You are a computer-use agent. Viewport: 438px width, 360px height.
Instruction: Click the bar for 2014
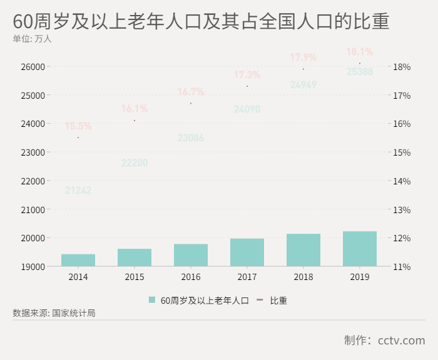78,260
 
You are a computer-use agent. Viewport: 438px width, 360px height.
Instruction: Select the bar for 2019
360,249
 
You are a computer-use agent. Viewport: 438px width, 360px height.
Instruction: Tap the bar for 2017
247,252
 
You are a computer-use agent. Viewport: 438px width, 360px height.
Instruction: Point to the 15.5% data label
78,126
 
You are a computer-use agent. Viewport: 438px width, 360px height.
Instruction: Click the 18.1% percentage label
360,52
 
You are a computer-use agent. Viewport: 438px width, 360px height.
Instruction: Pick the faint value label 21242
78,191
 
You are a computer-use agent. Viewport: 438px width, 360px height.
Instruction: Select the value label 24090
247,109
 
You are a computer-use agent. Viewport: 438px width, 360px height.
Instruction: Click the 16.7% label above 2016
191,92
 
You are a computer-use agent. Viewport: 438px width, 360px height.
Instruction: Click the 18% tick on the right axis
401,67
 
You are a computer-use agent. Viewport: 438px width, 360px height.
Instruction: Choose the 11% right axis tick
401,267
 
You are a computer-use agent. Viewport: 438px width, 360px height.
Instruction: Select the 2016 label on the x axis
191,277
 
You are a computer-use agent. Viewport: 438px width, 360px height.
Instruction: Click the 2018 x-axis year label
303,277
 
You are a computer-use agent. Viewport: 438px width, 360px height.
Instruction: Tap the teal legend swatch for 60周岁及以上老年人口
152,301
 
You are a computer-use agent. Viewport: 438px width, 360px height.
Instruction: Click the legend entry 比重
278,301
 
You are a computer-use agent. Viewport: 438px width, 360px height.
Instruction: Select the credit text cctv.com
401,341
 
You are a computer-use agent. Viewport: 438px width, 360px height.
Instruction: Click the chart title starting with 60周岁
200,21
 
